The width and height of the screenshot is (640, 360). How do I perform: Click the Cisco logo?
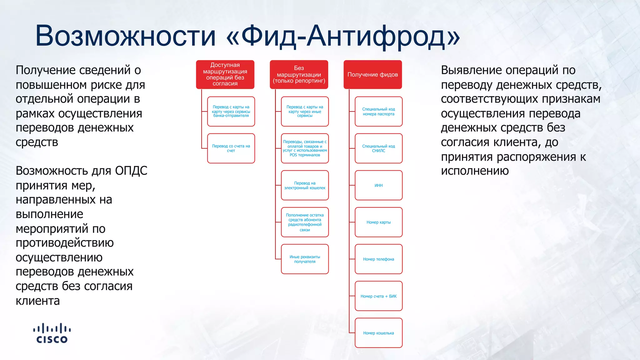(52, 334)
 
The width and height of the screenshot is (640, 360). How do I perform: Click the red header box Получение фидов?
(372, 74)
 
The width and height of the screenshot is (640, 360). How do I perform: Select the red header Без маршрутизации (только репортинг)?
(299, 74)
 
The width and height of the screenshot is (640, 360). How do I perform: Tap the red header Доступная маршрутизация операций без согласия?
(225, 74)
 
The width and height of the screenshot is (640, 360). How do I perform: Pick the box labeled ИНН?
(378, 185)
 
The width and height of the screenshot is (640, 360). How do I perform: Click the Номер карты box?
(378, 222)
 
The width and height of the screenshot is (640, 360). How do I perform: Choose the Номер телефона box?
(378, 259)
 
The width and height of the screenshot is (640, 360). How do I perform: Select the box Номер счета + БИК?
(378, 296)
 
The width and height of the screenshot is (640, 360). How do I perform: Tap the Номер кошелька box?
(378, 333)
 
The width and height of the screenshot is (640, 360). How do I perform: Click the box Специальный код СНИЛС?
(378, 148)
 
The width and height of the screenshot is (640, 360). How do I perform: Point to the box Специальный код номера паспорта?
(378, 112)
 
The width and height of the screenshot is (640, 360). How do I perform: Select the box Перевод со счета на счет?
(231, 148)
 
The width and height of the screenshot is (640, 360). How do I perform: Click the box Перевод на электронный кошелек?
(305, 185)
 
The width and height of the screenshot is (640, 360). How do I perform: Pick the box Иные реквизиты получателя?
(305, 259)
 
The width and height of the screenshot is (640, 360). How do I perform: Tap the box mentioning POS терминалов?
(305, 148)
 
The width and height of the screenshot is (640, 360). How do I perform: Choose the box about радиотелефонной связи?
(305, 222)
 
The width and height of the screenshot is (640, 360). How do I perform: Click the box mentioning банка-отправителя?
(231, 112)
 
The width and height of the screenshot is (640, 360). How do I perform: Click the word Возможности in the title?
(125, 36)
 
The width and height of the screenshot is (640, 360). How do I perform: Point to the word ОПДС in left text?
(131, 171)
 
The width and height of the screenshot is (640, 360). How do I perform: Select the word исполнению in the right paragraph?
(475, 171)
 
